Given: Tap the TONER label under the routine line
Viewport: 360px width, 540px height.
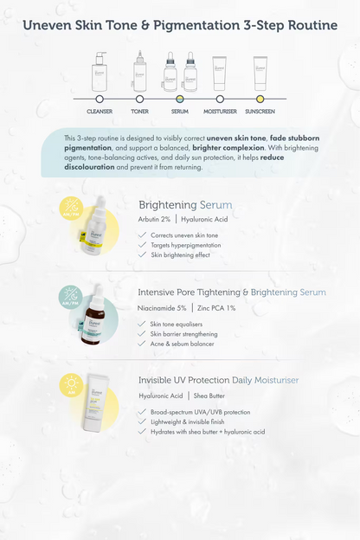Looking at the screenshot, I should tap(139, 111).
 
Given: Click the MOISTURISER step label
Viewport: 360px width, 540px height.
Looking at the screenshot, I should tap(219, 111).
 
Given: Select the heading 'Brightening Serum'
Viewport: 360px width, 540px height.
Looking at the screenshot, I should tap(185, 205).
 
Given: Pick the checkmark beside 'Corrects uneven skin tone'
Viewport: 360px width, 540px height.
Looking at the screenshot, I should tap(142, 235).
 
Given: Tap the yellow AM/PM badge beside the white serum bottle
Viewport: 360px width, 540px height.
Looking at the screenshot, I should tap(70, 209).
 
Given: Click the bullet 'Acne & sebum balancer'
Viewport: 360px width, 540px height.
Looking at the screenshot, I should tap(182, 344).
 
